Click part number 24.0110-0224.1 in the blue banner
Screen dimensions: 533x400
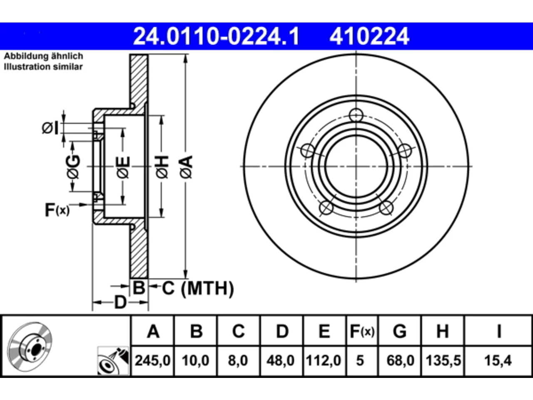pyautogui.click(x=216, y=36)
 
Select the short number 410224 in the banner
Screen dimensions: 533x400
pyautogui.click(x=369, y=36)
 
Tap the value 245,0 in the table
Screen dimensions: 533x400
pyautogui.click(x=152, y=360)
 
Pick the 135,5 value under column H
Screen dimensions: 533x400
pyautogui.click(x=443, y=360)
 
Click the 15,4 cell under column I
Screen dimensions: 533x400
pyautogui.click(x=498, y=360)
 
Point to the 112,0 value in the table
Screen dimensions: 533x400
pyautogui.click(x=324, y=360)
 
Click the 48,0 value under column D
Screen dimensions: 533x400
pyautogui.click(x=281, y=360)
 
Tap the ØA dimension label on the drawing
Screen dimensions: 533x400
pyautogui.click(x=186, y=167)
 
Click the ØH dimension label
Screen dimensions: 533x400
pyautogui.click(x=162, y=167)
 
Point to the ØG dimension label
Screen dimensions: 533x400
pyautogui.click(x=73, y=167)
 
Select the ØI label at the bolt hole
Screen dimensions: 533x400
pyautogui.click(x=50, y=128)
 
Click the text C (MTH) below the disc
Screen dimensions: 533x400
pyautogui.click(x=198, y=288)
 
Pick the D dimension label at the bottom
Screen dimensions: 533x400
pyautogui.click(x=120, y=302)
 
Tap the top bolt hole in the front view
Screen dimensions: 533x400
pyautogui.click(x=356, y=115)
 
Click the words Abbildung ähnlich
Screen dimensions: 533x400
pyautogui.click(x=43, y=56)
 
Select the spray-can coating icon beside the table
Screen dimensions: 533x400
pyautogui.click(x=113, y=361)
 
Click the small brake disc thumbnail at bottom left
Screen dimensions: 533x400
pyautogui.click(x=30, y=347)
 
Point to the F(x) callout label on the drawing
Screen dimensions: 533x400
pyautogui.click(x=57, y=210)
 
